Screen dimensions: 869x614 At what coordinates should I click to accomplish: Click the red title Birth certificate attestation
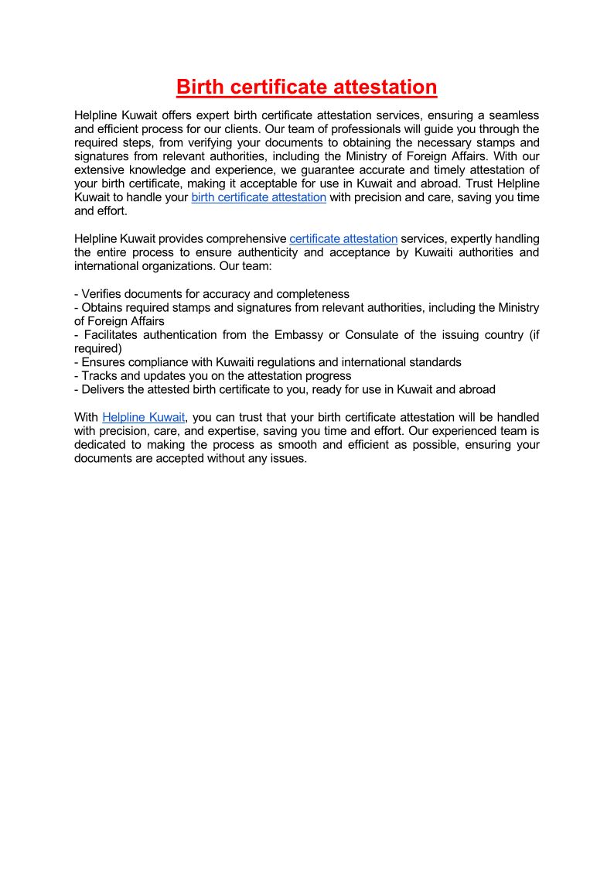306,87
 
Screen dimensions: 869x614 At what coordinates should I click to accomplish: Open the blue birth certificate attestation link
258,197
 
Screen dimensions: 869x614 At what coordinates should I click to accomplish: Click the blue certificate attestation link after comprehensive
343,239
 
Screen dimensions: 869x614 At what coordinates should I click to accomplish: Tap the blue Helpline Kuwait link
143,417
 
